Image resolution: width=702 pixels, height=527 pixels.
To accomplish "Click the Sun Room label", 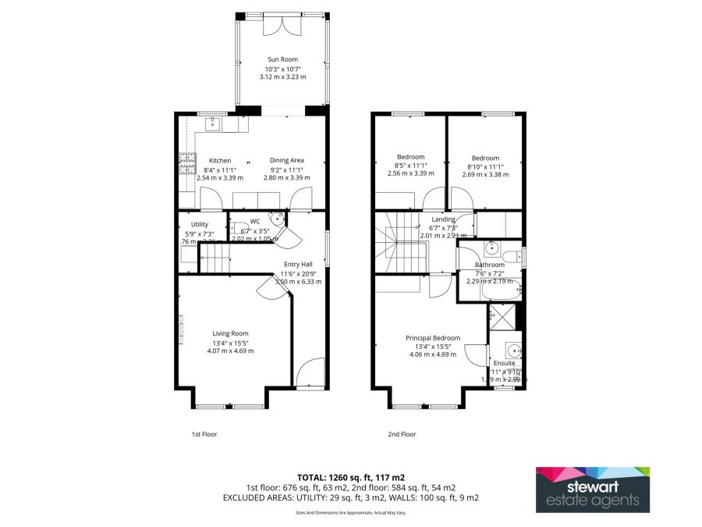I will point(282,59).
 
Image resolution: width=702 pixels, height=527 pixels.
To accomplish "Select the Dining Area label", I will point(286,160).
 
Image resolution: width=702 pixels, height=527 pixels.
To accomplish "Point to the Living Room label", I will point(230,333).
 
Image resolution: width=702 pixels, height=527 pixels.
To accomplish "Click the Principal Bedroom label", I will point(433,338).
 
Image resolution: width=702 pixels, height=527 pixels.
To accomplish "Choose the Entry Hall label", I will point(297,264).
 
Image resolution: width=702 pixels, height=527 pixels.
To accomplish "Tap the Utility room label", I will point(189,224).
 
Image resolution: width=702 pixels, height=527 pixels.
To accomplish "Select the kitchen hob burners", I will point(187,162).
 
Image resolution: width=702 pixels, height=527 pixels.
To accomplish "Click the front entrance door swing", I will point(310,373).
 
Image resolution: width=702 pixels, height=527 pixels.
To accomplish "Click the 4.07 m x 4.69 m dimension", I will point(230,351).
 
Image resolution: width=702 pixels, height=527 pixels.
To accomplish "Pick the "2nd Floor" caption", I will point(402,434).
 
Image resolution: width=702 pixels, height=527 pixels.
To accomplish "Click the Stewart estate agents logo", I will point(592,490).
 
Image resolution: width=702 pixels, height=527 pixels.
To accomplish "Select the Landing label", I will point(443,219).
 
